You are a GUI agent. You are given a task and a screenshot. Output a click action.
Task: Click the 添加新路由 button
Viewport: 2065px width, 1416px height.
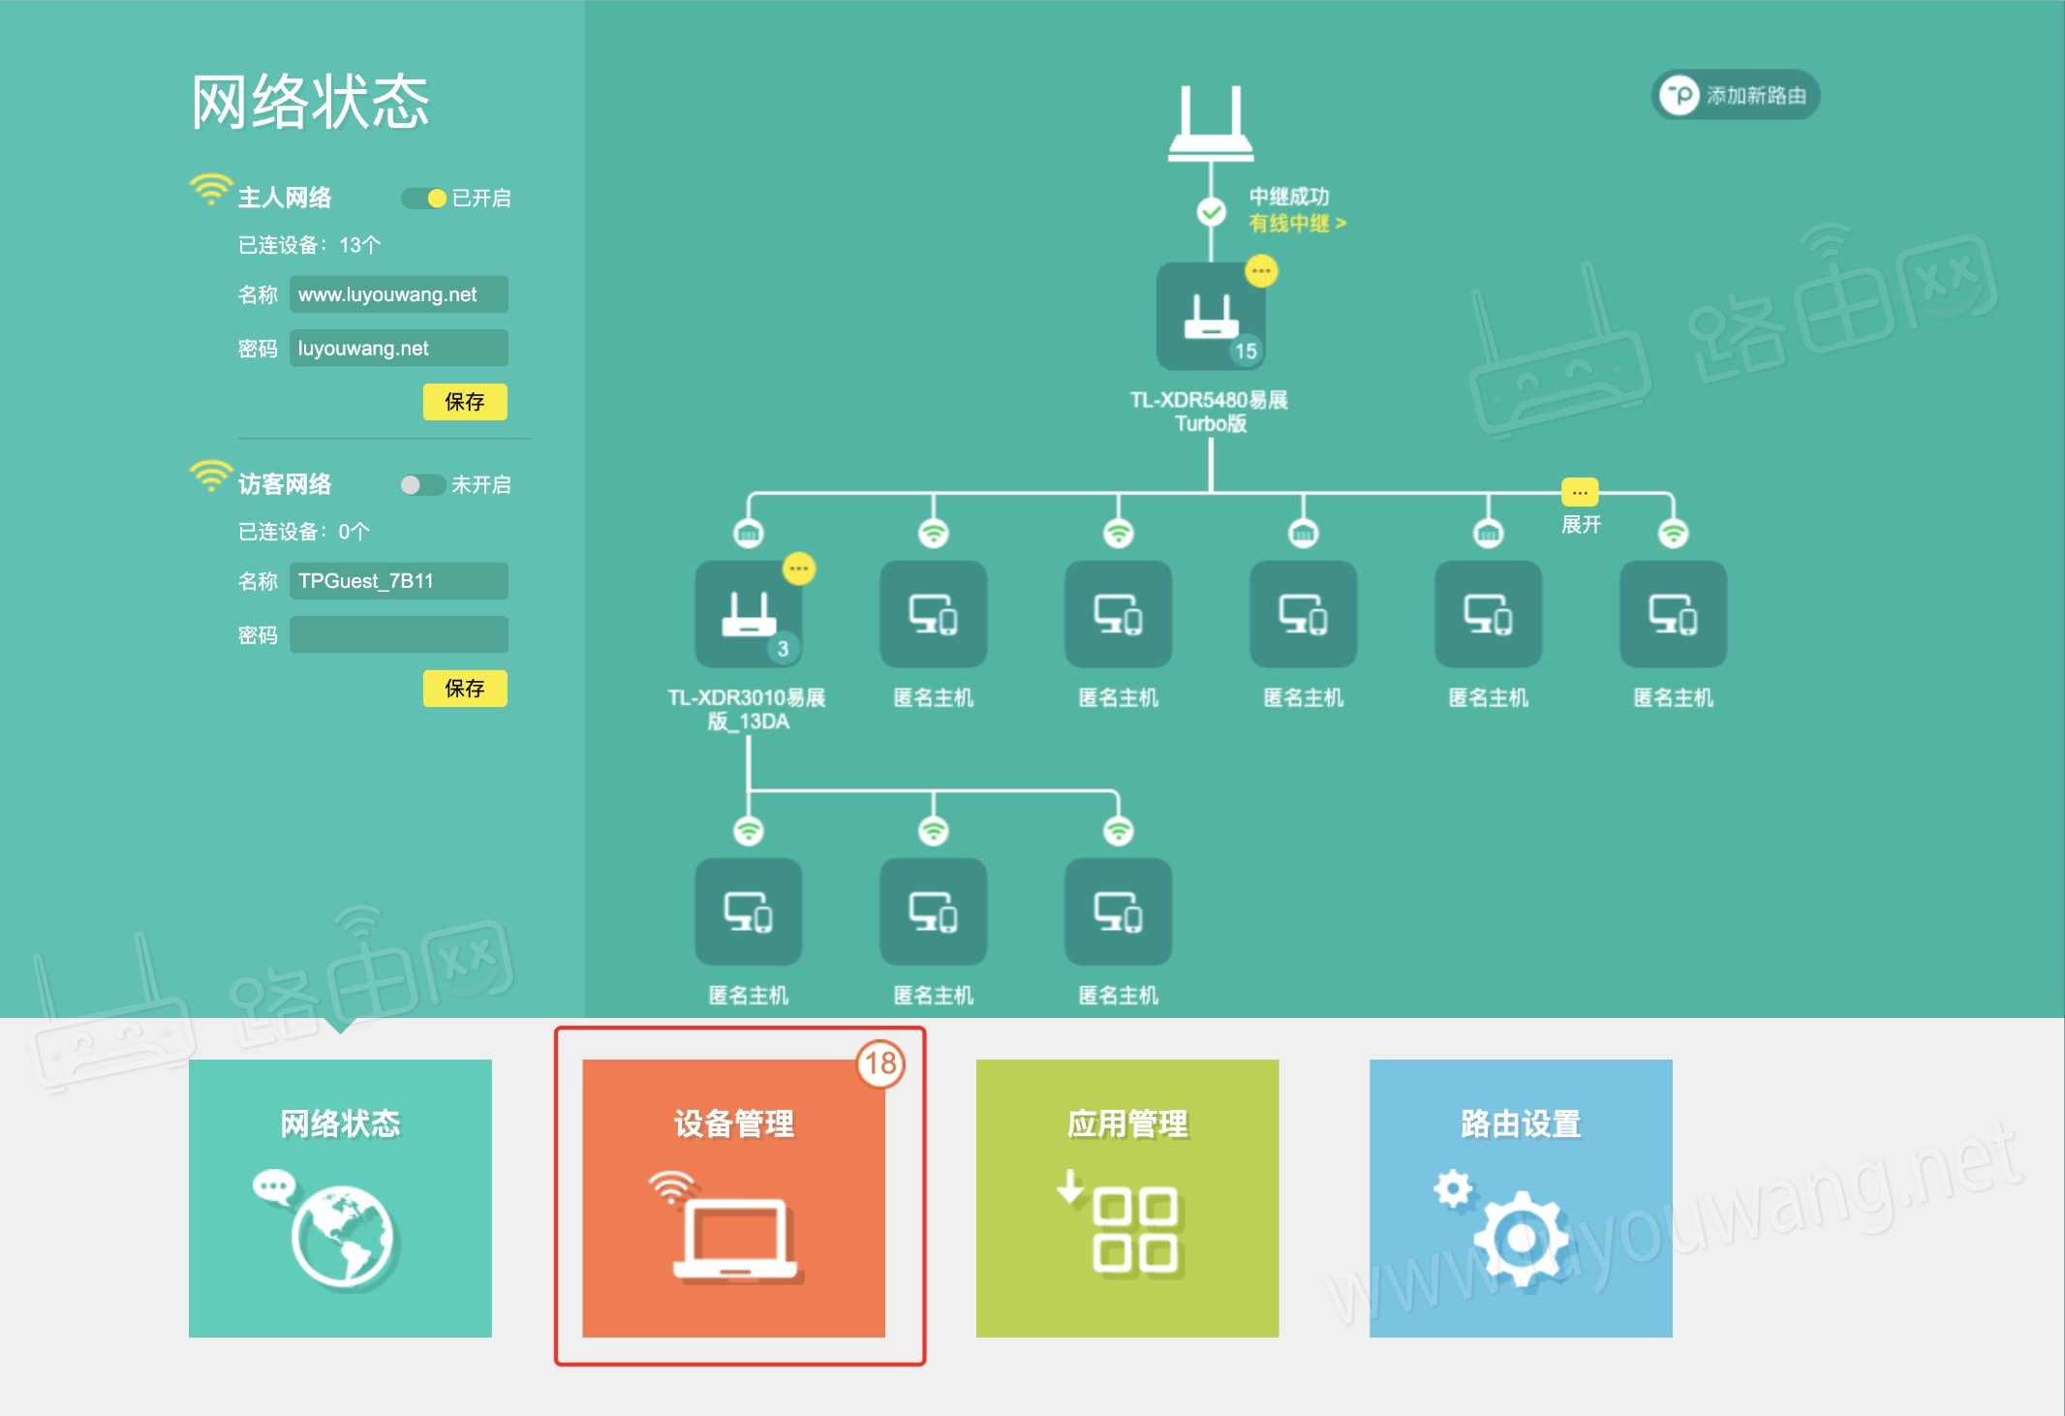coord(1735,96)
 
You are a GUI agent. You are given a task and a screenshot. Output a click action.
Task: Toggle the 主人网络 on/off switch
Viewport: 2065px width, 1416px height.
coord(424,199)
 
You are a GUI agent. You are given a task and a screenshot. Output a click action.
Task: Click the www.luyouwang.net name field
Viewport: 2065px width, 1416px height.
coord(398,294)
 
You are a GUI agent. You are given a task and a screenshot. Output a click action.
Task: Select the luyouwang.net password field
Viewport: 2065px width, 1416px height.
coord(398,349)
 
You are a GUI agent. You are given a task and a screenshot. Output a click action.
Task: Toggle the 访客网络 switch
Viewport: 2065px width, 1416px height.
coord(423,485)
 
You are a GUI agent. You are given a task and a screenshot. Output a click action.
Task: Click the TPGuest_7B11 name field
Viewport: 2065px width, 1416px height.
coord(398,581)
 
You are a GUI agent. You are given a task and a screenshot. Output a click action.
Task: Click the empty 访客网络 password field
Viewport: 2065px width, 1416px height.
coord(398,635)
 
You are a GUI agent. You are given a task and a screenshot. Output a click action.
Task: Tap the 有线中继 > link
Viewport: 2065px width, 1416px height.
coord(1297,224)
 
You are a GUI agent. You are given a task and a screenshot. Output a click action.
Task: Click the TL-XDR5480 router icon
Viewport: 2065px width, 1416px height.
coord(1211,316)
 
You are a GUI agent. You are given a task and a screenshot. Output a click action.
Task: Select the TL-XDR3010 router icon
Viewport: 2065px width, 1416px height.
coord(748,614)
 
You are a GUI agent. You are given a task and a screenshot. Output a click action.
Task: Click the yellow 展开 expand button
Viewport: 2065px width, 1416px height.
coord(1580,493)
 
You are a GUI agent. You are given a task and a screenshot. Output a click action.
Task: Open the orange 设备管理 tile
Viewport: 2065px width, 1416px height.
coord(733,1198)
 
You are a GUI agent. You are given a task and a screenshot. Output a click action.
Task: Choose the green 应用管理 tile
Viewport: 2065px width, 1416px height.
coord(1127,1198)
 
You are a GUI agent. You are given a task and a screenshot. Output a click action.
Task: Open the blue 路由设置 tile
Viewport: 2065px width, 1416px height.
coord(1521,1198)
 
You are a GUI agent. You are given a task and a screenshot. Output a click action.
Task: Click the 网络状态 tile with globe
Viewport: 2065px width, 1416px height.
coord(340,1198)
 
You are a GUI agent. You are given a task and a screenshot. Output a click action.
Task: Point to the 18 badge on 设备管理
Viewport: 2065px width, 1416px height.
coord(880,1063)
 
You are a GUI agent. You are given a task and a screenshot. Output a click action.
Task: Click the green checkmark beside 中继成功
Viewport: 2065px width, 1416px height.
coord(1211,211)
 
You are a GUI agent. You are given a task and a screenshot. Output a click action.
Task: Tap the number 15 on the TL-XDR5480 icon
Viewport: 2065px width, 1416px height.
coord(1246,351)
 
